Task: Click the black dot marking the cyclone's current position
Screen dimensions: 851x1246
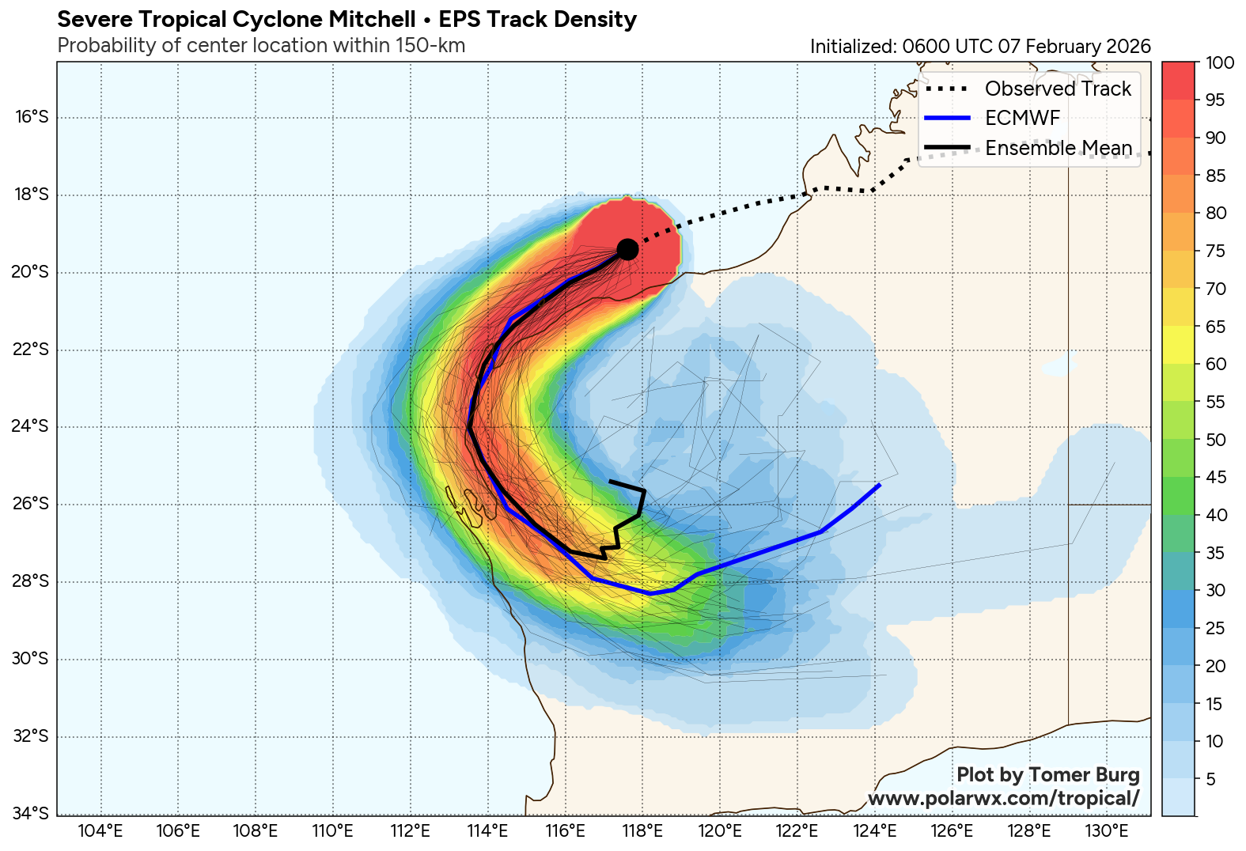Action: (x=627, y=249)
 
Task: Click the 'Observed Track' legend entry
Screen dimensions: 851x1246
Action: (x=1058, y=89)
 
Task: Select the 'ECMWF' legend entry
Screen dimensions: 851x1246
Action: (x=1022, y=119)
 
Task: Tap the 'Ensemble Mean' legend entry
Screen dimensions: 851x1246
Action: (x=1059, y=148)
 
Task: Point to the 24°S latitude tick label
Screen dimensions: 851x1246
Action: (x=32, y=426)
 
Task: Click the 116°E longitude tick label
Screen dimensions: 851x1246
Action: (x=565, y=831)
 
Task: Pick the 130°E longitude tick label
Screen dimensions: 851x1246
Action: (x=1107, y=831)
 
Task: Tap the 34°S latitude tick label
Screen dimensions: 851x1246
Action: (x=32, y=813)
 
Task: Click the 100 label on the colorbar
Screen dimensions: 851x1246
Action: (x=1219, y=63)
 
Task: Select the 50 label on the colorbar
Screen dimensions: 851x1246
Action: (x=1216, y=440)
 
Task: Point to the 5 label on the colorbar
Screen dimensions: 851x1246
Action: (x=1210, y=780)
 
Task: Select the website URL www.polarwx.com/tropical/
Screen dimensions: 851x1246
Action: (x=1003, y=798)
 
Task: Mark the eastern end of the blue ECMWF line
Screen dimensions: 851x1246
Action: (x=879, y=484)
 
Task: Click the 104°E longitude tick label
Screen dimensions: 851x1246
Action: (x=101, y=831)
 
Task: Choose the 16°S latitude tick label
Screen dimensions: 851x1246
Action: (x=32, y=117)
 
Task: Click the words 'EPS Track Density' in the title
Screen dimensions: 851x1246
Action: (x=537, y=19)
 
